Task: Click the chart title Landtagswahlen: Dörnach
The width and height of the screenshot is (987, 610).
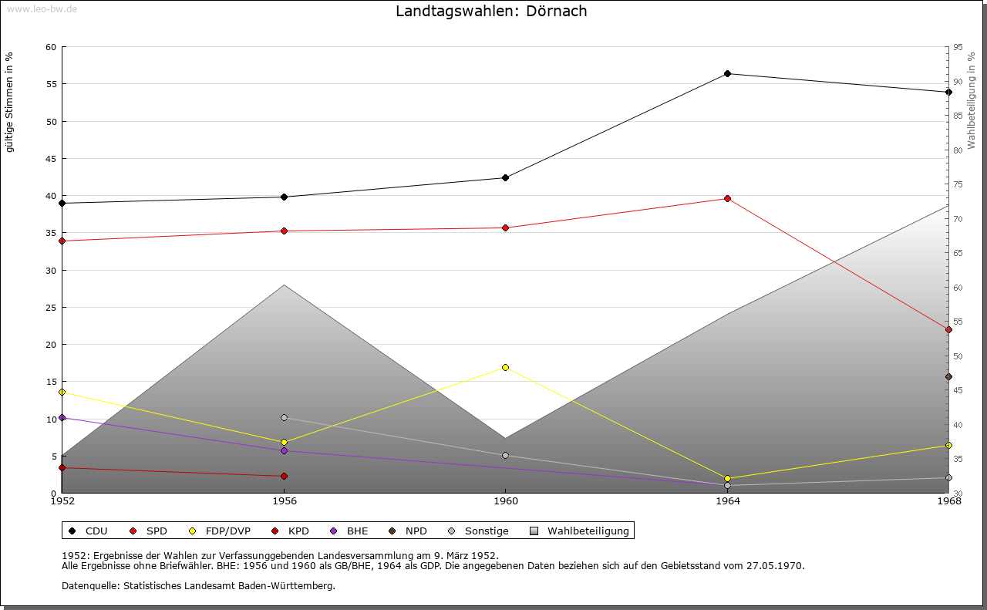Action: [x=491, y=11]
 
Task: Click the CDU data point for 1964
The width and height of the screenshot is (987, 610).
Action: [x=727, y=74]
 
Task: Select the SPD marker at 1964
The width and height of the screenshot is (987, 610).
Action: [x=727, y=199]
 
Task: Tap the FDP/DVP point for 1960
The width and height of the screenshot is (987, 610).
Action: [x=505, y=367]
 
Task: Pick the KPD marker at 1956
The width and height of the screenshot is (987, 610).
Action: [x=284, y=476]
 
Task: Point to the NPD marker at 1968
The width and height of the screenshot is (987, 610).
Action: [x=948, y=377]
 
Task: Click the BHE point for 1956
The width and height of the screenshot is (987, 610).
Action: [x=284, y=450]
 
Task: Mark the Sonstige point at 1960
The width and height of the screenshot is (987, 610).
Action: [x=505, y=455]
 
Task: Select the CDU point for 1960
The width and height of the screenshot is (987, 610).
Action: [x=505, y=177]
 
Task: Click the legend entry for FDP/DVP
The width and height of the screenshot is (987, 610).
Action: [x=227, y=531]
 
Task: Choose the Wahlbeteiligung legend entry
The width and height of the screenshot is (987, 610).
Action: [x=588, y=531]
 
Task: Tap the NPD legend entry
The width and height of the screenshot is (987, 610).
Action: [x=416, y=531]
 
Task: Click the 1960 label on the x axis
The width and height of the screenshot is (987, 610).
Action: [x=505, y=501]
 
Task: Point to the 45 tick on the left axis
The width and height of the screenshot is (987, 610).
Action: [x=51, y=159]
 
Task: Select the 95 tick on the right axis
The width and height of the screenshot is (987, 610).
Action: [x=958, y=47]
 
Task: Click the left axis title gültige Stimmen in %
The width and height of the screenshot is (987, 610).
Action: [x=10, y=102]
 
